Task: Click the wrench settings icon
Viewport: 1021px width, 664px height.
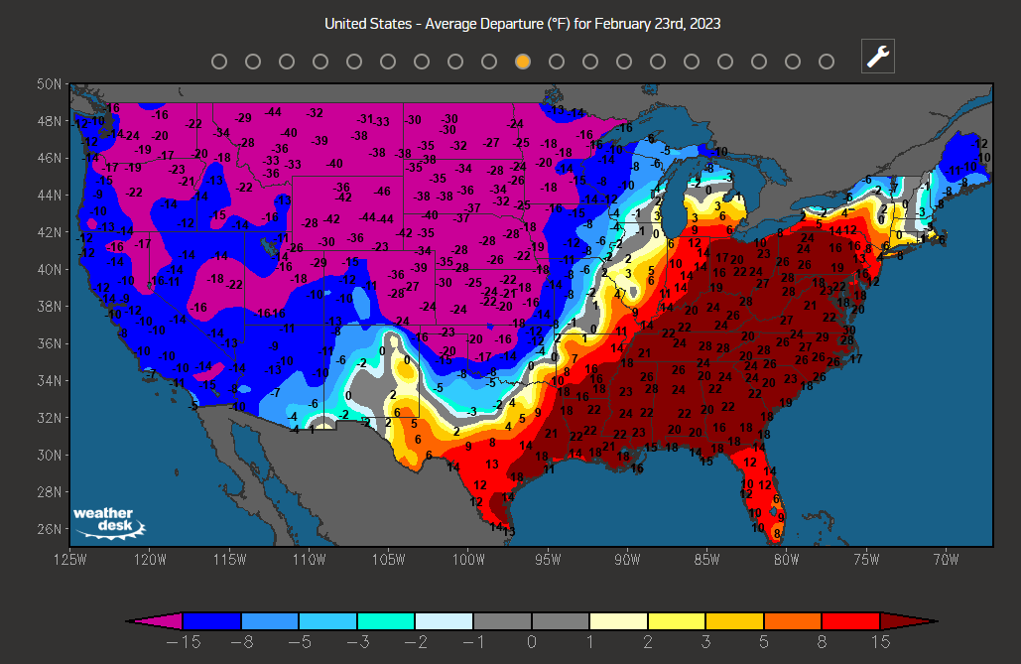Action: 878,57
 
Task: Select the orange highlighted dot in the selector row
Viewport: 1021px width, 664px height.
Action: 523,62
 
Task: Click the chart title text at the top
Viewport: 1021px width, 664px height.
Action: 523,23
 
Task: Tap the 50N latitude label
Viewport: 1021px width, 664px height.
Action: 51,84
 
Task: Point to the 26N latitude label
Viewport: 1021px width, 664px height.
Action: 51,529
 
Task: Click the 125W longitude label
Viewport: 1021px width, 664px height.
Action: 69,559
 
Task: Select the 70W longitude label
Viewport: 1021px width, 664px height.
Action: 946,559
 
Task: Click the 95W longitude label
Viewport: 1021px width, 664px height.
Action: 548,559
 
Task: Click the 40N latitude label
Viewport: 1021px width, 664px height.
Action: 51,269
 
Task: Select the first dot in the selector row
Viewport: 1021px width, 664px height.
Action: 219,62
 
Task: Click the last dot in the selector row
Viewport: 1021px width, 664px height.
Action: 827,62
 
